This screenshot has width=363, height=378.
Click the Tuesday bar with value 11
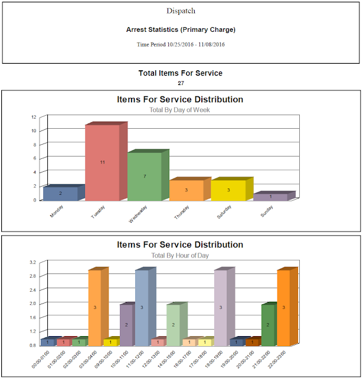tap(102, 162)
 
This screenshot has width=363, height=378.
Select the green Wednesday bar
tap(144, 176)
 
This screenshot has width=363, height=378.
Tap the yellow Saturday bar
tap(228, 190)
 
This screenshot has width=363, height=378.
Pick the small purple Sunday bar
tap(270, 197)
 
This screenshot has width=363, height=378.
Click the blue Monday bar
tap(60, 193)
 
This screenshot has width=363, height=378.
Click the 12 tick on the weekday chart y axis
tap(34, 116)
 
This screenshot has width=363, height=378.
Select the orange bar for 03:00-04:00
tap(94, 307)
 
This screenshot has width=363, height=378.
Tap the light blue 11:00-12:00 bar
tap(141, 307)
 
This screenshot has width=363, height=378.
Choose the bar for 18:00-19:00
tap(220, 307)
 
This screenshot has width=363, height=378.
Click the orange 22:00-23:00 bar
tap(283, 307)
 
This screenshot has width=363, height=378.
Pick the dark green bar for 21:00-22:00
tap(268, 324)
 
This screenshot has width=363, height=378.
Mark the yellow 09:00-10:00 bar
tap(110, 342)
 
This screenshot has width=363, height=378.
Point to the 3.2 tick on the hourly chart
tap(33, 262)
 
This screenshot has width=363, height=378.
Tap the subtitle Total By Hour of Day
tap(180, 256)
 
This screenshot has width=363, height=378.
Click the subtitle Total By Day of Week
tap(180, 110)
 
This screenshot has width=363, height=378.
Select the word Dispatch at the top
tap(181, 11)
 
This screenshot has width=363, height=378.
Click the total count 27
tap(181, 83)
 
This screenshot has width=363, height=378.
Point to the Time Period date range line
tap(181, 44)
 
